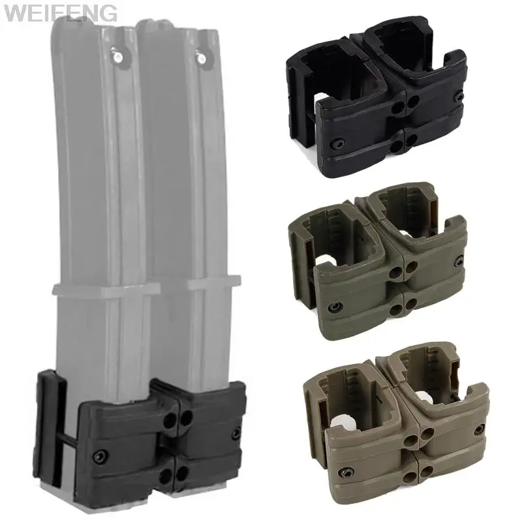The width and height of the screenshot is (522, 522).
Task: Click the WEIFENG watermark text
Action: point(59,12)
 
